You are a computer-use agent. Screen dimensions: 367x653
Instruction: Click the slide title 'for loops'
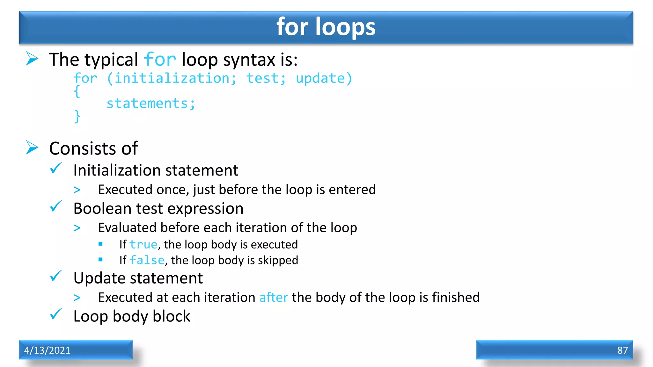[x=326, y=27]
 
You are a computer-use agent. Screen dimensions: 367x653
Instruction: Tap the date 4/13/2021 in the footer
[x=47, y=350]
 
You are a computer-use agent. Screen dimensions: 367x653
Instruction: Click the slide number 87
[x=622, y=350]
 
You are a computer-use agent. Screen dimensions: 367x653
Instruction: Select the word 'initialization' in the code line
[x=172, y=78]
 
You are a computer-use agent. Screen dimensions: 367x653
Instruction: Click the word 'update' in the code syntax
[x=320, y=78]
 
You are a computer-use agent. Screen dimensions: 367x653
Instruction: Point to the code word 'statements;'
[x=150, y=104]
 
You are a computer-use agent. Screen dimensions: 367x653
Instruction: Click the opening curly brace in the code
[x=77, y=91]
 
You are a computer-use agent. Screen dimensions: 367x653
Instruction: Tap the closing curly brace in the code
[x=77, y=116]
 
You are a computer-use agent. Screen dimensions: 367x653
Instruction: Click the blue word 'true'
[x=143, y=245]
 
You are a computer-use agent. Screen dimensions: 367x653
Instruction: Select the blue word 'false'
[x=147, y=260]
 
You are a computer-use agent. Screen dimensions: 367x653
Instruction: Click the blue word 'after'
[x=274, y=298]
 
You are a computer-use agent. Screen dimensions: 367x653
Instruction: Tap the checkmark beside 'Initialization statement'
[x=56, y=168]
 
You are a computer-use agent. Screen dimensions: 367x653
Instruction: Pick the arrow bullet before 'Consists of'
[x=32, y=148]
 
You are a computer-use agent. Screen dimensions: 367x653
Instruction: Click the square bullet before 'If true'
[x=100, y=244]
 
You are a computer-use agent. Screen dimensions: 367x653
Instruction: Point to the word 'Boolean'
[x=102, y=209]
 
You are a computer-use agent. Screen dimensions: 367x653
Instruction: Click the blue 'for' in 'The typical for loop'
[x=160, y=60]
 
